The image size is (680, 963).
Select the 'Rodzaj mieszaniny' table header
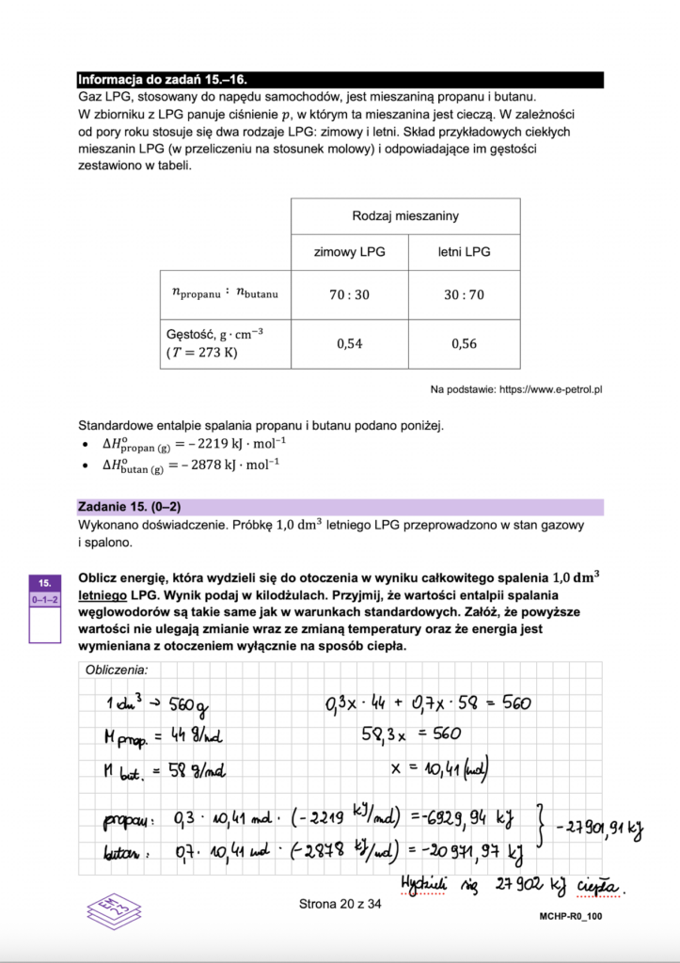pos(405,216)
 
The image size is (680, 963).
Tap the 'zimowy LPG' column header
pos(349,252)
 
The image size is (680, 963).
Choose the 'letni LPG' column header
pos(464,252)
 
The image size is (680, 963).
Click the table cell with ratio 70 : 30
pos(349,294)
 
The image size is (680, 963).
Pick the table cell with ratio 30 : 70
pos(464,294)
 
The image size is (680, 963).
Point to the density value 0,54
pos(349,343)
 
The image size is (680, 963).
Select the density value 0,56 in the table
pos(464,343)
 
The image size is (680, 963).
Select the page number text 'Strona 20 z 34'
pos(340,905)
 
